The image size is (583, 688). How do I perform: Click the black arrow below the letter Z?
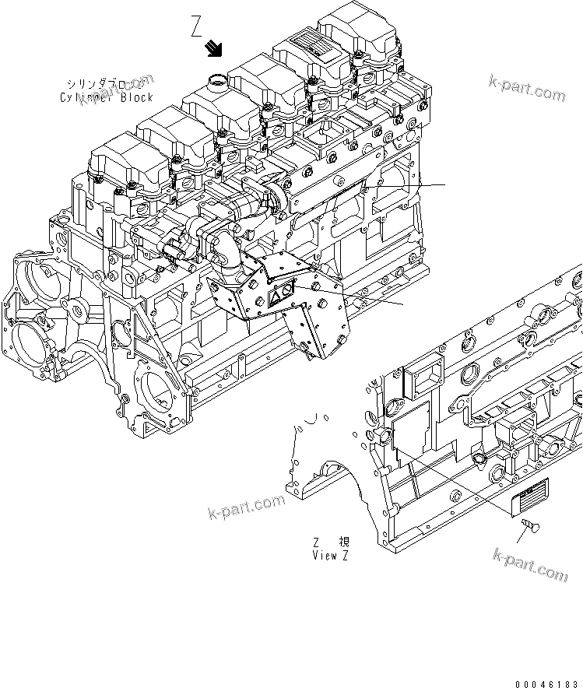[x=212, y=51]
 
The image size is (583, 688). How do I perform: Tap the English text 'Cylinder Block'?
[x=106, y=97]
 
